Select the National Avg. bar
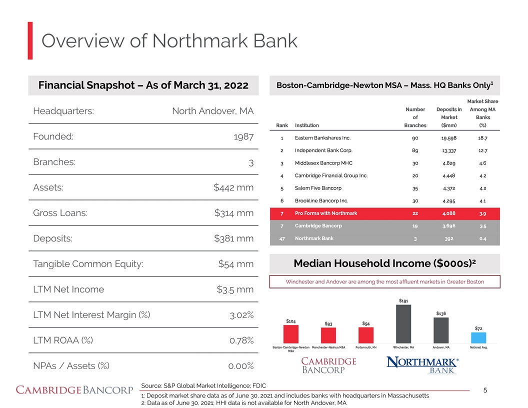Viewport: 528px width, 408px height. pyautogui.click(x=478, y=337)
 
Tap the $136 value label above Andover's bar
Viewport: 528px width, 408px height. pyautogui.click(x=440, y=313)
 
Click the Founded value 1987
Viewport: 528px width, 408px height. pyautogui.click(x=241, y=136)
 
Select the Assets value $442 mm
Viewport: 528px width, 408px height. pyautogui.click(x=233, y=187)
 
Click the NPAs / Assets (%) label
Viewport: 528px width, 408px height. pyautogui.click(x=71, y=366)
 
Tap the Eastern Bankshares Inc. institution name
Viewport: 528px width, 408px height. pyautogui.click(x=322, y=138)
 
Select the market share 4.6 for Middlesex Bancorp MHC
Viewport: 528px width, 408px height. pyautogui.click(x=482, y=163)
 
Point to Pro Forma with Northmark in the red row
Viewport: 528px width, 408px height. pyautogui.click(x=326, y=213)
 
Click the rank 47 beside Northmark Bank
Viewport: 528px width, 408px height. pyautogui.click(x=282, y=238)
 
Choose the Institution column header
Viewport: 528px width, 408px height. pyautogui.click(x=307, y=125)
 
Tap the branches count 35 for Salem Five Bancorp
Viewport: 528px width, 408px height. pyautogui.click(x=415, y=188)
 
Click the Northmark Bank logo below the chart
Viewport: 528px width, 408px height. pyautogui.click(x=422, y=365)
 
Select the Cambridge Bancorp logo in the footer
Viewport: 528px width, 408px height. pyautogui.click(x=74, y=390)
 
